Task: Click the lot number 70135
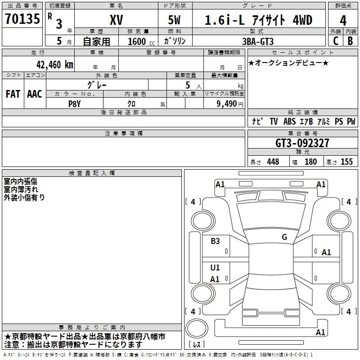[22, 19]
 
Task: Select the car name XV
[117, 20]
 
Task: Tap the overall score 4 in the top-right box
[343, 21]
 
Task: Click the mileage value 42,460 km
[55, 65]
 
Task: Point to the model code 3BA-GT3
[258, 41]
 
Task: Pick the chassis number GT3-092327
[302, 143]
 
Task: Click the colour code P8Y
[74, 104]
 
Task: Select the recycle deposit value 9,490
[227, 104]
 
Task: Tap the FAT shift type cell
[13, 94]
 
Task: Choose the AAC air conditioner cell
[35, 94]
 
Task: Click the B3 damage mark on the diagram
[215, 241]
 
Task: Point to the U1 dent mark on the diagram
[215, 267]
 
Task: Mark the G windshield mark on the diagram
[284, 237]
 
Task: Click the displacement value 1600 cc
[141, 42]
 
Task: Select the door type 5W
[174, 20]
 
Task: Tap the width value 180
[310, 162]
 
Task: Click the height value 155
[346, 162]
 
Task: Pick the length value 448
[273, 162]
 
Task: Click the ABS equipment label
[289, 121]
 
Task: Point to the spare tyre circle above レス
[197, 328]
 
